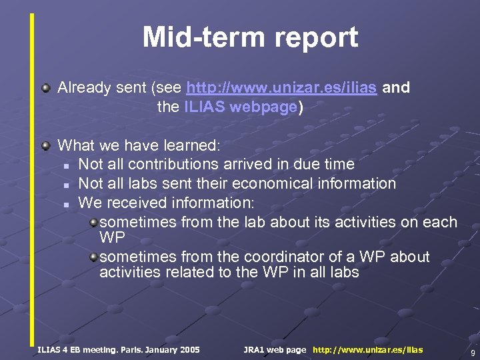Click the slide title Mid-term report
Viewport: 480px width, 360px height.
[x=250, y=38]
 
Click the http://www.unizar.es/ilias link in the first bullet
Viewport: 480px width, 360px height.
[x=282, y=88]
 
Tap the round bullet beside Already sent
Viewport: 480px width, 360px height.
[x=45, y=88]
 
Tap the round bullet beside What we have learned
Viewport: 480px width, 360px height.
[x=45, y=145]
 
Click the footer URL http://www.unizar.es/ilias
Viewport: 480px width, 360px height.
[x=367, y=349]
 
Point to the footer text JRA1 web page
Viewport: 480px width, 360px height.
[x=275, y=349]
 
